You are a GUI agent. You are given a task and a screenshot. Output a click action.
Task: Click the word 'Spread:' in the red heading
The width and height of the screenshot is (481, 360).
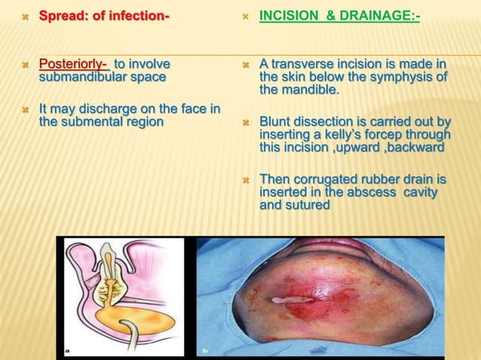[x=63, y=15]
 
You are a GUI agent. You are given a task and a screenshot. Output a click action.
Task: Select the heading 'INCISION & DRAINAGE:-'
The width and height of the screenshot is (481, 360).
[x=339, y=15]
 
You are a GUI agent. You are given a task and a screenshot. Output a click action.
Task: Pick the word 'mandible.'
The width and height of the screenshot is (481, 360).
[x=309, y=90]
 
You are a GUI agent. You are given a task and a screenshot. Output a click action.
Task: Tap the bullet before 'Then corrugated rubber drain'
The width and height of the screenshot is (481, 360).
[x=246, y=180]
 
